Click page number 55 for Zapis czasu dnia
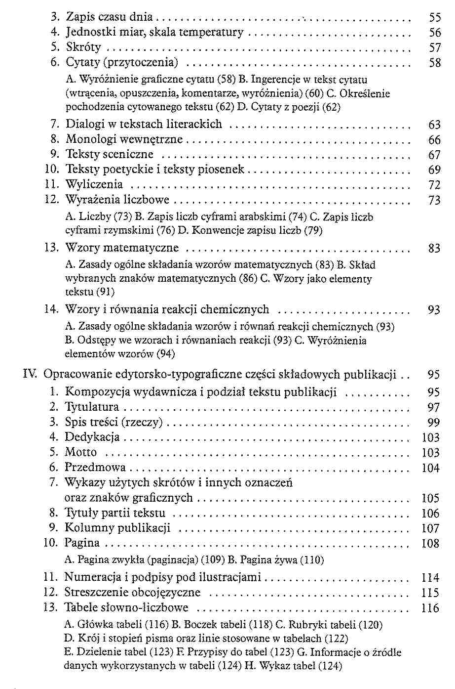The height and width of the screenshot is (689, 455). [434, 18]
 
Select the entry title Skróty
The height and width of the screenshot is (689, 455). [83, 47]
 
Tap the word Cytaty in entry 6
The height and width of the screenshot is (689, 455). [82, 63]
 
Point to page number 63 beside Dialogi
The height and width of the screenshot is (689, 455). [434, 125]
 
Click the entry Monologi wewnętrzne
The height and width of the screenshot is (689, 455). [124, 140]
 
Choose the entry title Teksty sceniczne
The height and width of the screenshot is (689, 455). [110, 155]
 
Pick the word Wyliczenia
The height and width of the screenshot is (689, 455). [94, 185]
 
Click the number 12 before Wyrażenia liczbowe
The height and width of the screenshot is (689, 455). [52, 200]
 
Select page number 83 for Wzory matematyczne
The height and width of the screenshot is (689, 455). [434, 249]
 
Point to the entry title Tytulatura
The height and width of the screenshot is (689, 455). [92, 407]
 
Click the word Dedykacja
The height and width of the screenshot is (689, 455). [92, 437]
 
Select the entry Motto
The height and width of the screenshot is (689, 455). [81, 452]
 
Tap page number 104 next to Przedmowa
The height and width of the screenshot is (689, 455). [430, 468]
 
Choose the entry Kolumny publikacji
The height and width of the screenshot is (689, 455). [117, 528]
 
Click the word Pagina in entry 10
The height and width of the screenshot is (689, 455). [82, 543]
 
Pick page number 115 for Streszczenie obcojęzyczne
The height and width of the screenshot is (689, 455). [430, 593]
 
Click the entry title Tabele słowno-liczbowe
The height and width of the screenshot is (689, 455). [126, 607]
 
